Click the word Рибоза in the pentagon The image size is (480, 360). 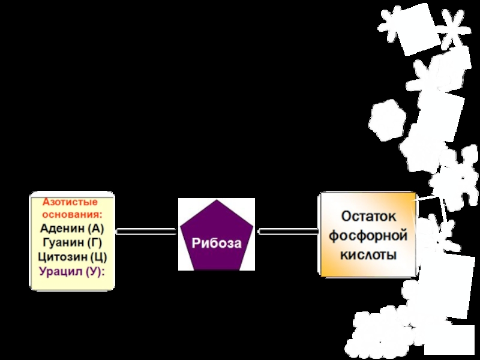coord(217,244)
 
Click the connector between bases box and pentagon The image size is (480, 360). coord(146,230)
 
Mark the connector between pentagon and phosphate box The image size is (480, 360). coord(288,230)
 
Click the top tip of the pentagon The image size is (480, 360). coord(217,200)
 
